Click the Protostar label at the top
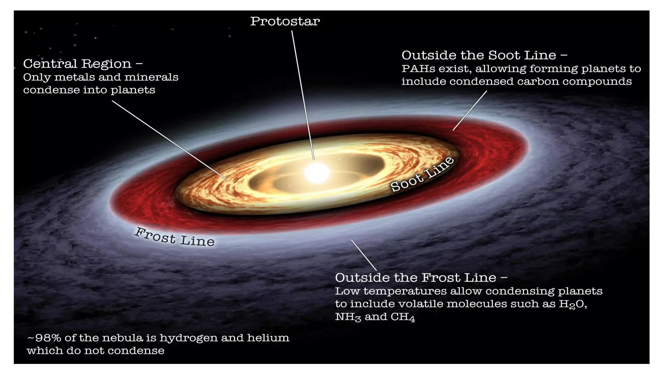285,22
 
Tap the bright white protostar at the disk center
317,173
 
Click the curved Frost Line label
174,237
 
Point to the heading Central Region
77,64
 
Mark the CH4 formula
403,317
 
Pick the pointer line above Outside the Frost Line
364,255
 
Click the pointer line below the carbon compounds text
470,110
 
